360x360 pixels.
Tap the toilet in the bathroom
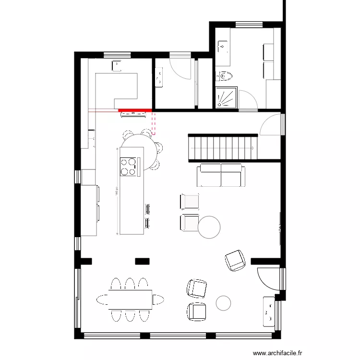coord(224,75)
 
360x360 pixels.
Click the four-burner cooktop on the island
coord(128,166)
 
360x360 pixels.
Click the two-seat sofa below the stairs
coord(220,175)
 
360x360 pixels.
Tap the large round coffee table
coord(209,227)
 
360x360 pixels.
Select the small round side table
coord(223,302)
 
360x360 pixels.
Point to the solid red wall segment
coord(135,110)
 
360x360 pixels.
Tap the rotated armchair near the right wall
coord(235,260)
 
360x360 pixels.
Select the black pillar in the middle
coord(142,261)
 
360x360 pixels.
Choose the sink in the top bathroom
coord(223,47)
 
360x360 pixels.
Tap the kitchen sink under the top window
coord(116,64)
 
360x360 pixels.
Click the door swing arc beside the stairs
coord(271,126)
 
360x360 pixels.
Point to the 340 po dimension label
coord(116,192)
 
